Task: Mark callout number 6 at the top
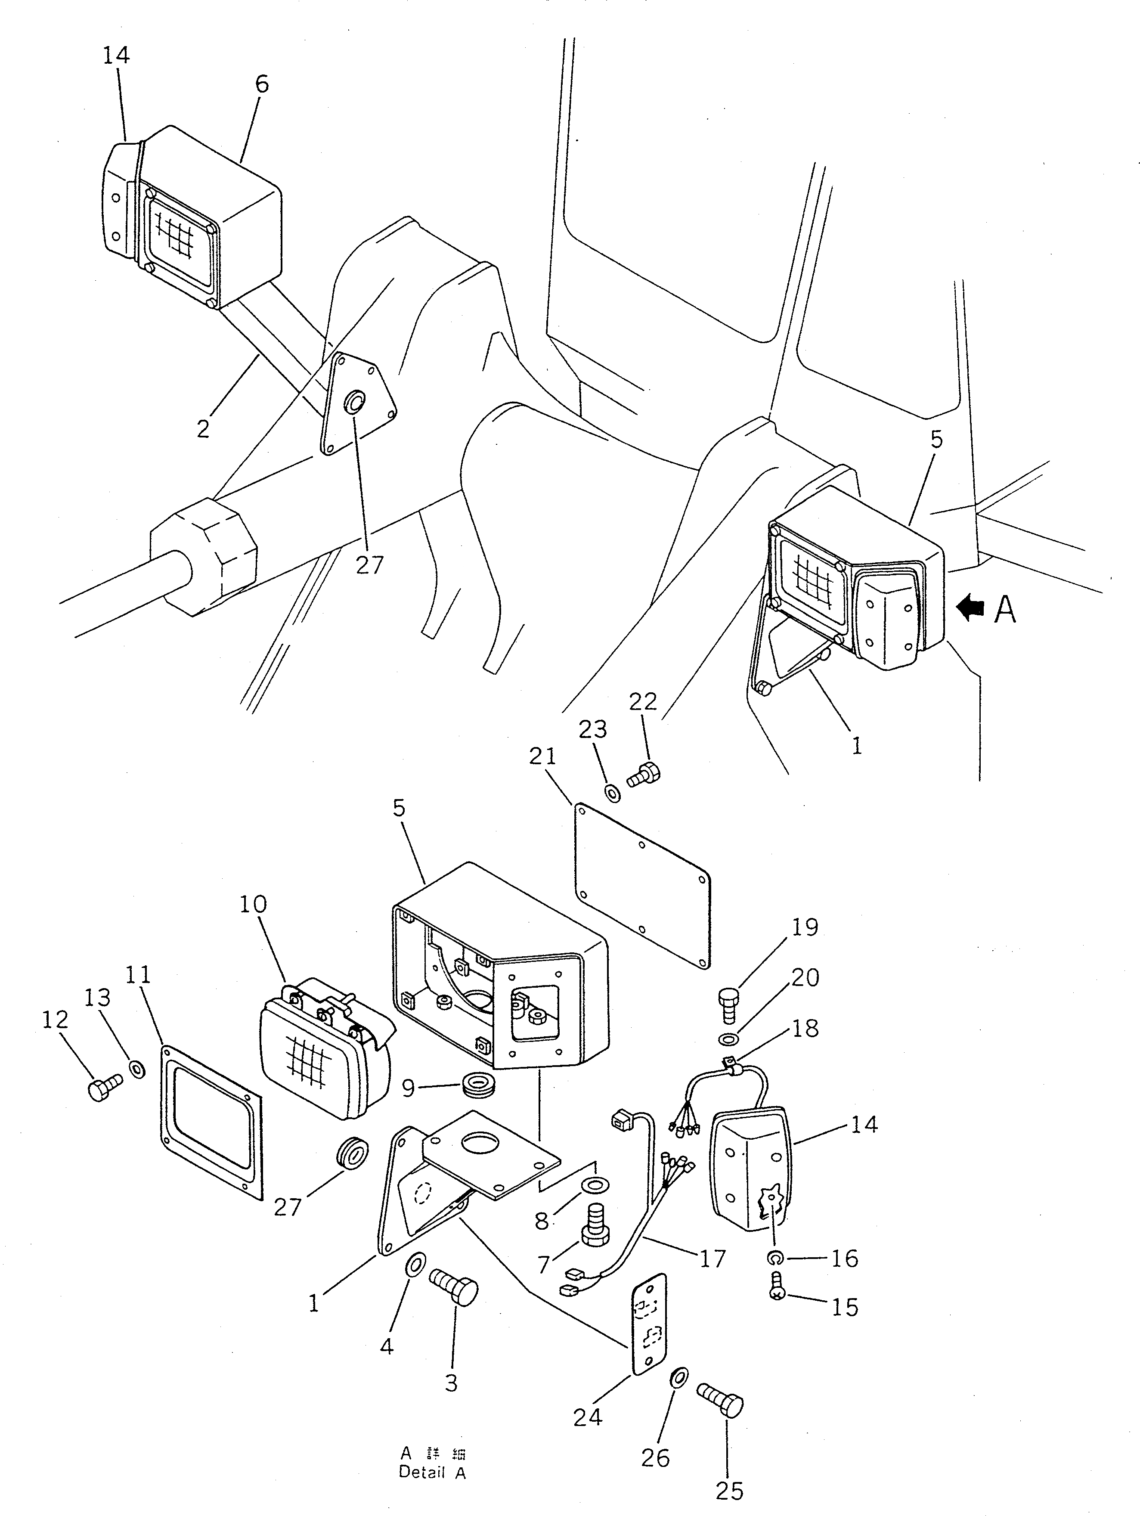(262, 85)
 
